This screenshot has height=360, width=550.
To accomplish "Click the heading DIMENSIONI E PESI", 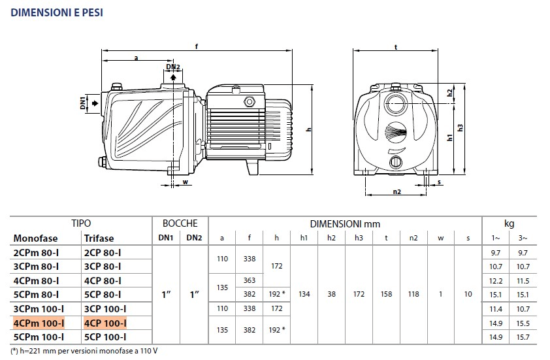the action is point(57,12).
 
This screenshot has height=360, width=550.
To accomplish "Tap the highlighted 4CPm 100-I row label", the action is point(39,323).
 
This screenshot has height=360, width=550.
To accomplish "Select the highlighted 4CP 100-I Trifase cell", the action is point(105,323).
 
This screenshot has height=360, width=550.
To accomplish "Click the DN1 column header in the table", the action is point(166,238).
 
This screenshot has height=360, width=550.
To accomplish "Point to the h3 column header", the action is point(359,238).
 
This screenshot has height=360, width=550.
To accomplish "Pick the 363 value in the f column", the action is point(250,280).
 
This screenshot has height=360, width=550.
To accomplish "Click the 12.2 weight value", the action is point(496,281).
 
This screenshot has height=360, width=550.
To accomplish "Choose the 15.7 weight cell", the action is point(523,337).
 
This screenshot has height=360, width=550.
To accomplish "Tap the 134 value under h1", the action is point(304,295).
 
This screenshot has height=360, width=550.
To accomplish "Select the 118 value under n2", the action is point(413,295).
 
